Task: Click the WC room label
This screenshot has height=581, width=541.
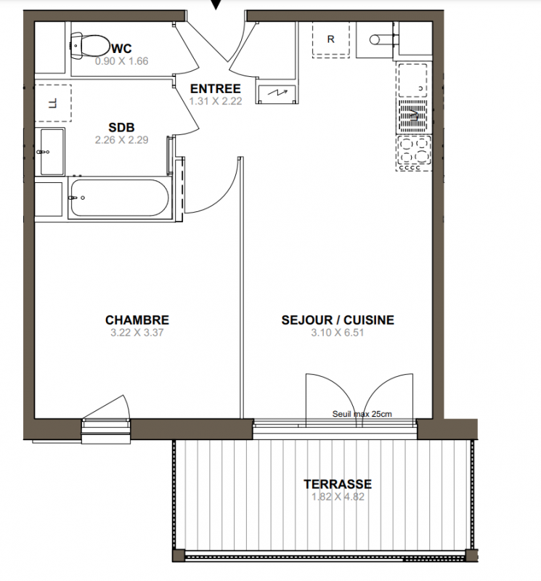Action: [x=121, y=48]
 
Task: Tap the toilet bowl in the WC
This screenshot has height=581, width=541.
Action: [x=90, y=46]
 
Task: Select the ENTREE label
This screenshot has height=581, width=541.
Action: [x=215, y=89]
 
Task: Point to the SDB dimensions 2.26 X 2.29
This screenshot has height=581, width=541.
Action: [x=121, y=139]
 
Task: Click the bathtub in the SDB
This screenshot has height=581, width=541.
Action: [x=120, y=198]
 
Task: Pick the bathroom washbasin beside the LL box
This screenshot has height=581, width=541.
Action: [x=52, y=152]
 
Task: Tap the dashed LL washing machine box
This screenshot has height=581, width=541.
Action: [x=53, y=103]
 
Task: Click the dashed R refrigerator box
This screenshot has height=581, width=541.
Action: [x=331, y=39]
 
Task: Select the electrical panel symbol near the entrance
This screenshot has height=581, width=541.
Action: [x=277, y=93]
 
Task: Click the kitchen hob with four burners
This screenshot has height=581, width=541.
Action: [x=413, y=153]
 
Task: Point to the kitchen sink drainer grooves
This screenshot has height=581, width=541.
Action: [x=413, y=116]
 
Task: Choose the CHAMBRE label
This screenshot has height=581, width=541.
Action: [x=137, y=320]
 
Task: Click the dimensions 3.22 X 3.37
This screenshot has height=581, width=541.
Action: [x=137, y=333]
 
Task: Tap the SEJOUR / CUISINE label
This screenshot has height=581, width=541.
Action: [x=338, y=320]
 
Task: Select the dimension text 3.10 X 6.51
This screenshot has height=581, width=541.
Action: [x=338, y=333]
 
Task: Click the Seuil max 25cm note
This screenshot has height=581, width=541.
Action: [x=362, y=414]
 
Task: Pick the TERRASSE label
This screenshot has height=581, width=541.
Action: [x=338, y=484]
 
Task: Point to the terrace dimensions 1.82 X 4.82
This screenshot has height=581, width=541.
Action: [x=338, y=497]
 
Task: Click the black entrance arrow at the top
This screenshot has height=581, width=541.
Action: [x=216, y=4]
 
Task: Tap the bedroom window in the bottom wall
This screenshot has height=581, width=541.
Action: [x=106, y=430]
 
